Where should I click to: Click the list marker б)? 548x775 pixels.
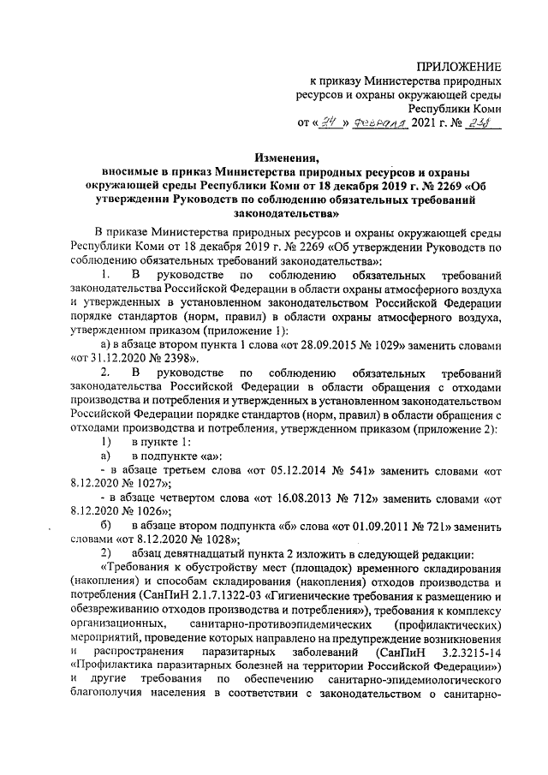[106, 525]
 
